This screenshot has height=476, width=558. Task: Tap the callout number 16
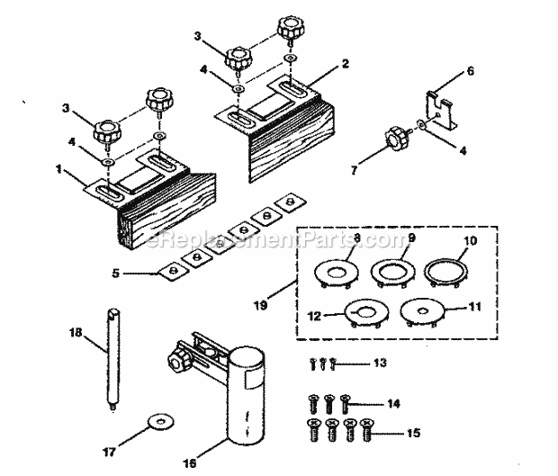click(189, 464)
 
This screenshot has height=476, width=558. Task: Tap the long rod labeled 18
click(112, 361)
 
